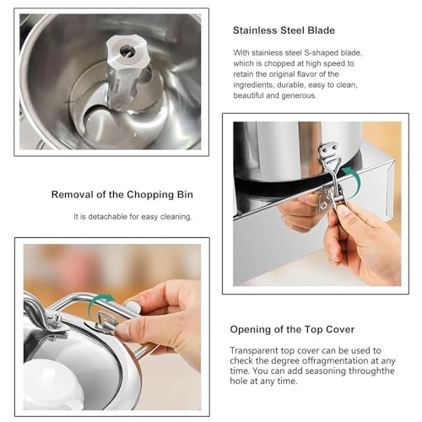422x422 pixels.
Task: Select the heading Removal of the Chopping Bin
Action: (x=122, y=194)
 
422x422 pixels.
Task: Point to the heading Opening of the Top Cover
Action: (x=293, y=328)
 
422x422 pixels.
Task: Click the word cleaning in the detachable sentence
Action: (x=175, y=216)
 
